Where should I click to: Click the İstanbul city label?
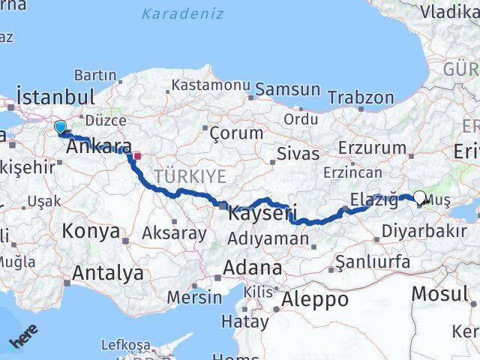[55, 97]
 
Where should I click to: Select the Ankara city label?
[99, 147]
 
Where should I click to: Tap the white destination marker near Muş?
[419, 199]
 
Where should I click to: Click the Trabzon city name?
[361, 97]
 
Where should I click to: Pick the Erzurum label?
[372, 148]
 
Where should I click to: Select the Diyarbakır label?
[423, 231]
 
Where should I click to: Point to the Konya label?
[91, 231]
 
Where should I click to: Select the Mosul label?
[440, 293]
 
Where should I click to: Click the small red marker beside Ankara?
[136, 156]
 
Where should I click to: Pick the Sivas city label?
[298, 154]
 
